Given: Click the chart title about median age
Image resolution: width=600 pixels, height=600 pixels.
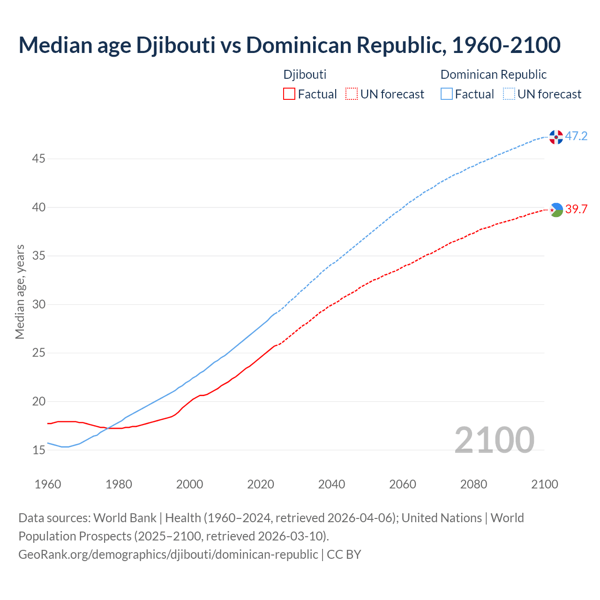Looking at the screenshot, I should tap(289, 45).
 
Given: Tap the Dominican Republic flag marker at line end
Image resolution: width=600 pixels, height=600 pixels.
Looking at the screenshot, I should tap(556, 137).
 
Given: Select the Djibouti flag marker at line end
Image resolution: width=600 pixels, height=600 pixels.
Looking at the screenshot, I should tap(556, 210).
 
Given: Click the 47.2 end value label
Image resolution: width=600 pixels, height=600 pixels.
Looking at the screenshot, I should tap(576, 136).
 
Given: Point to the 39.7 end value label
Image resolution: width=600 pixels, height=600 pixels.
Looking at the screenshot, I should tap(576, 210).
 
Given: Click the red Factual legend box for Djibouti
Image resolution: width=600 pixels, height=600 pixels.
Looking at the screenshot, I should tap(289, 94).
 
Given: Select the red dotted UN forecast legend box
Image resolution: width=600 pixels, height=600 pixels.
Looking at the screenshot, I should tap(352, 94).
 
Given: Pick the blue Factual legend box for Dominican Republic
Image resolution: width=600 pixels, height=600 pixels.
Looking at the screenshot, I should tap(447, 94).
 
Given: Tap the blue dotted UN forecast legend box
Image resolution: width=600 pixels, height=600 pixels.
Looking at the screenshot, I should tap(509, 94).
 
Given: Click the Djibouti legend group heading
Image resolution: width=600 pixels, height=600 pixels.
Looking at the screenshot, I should tap(305, 75).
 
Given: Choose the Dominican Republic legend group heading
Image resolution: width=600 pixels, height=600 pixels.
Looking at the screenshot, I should tap(494, 75).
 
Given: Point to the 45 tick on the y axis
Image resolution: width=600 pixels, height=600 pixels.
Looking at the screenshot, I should tap(38, 159).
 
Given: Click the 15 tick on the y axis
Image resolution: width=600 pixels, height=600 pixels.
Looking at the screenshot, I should tap(38, 450).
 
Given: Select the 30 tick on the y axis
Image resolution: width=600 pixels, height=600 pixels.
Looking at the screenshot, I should tap(38, 305).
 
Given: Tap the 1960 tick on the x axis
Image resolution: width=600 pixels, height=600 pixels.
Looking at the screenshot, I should tap(48, 484).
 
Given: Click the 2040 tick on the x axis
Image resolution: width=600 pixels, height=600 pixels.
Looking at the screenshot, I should tap(331, 484).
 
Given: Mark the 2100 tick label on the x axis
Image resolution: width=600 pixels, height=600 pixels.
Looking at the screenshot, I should tap(544, 484).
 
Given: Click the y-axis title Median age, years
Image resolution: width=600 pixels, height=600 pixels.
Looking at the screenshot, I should tap(20, 292).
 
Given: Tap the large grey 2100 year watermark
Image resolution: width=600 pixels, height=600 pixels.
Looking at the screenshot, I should tap(494, 440).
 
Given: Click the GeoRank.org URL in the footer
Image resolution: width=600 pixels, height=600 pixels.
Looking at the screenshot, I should tap(168, 554).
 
